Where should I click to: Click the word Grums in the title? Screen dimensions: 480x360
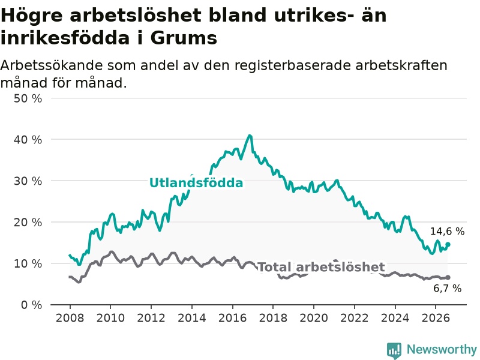(x=184, y=38)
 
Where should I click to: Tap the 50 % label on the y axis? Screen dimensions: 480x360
(x=28, y=98)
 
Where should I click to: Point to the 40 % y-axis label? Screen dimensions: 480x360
(x=28, y=140)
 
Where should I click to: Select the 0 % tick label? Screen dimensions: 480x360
(x=32, y=305)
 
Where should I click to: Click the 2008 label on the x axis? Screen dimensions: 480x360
(x=70, y=318)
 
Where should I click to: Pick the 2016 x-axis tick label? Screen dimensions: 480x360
(x=232, y=318)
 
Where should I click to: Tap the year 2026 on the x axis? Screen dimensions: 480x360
(x=436, y=318)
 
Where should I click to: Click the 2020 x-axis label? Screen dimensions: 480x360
(x=314, y=318)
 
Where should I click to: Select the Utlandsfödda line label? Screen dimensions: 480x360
(x=196, y=183)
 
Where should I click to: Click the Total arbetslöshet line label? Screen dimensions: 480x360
(x=322, y=267)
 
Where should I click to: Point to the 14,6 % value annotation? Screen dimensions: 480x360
(x=447, y=232)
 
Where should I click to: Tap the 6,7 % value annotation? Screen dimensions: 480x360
(x=447, y=289)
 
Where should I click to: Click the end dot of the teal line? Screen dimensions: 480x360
(x=448, y=244)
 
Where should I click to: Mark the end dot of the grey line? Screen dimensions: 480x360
(x=448, y=277)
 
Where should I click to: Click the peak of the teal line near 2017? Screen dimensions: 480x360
(x=250, y=136)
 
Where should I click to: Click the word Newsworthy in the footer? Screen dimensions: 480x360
(x=442, y=349)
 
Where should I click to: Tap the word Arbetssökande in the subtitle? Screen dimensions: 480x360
(x=52, y=65)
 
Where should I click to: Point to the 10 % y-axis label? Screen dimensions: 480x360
(x=28, y=263)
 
